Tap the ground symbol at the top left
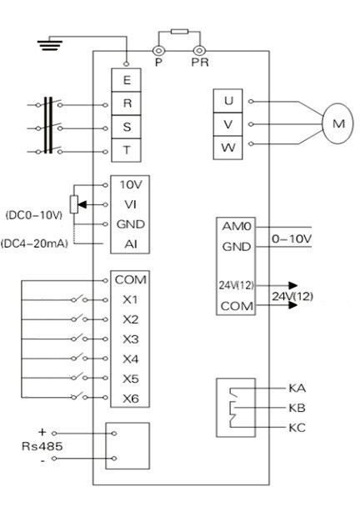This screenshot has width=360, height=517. (50, 45)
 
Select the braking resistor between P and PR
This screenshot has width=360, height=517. (179, 32)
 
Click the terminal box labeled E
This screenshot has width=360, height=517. (126, 80)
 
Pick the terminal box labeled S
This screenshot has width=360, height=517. (126, 127)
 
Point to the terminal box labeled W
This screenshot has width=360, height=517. (228, 148)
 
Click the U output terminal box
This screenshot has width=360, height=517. (228, 101)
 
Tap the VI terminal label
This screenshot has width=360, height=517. (131, 204)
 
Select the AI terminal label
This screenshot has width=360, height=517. (131, 244)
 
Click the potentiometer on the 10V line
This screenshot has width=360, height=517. (74, 204)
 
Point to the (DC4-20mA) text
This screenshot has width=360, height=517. (35, 244)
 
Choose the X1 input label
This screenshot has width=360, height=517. (131, 299)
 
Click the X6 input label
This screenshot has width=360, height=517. (131, 399)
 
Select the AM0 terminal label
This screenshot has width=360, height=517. (237, 227)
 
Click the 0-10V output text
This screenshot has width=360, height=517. (292, 238)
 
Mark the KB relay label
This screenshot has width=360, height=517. (297, 408)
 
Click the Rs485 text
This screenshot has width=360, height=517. (42, 446)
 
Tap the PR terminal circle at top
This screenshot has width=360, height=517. (199, 50)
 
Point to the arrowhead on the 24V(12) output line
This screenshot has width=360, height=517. (292, 285)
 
